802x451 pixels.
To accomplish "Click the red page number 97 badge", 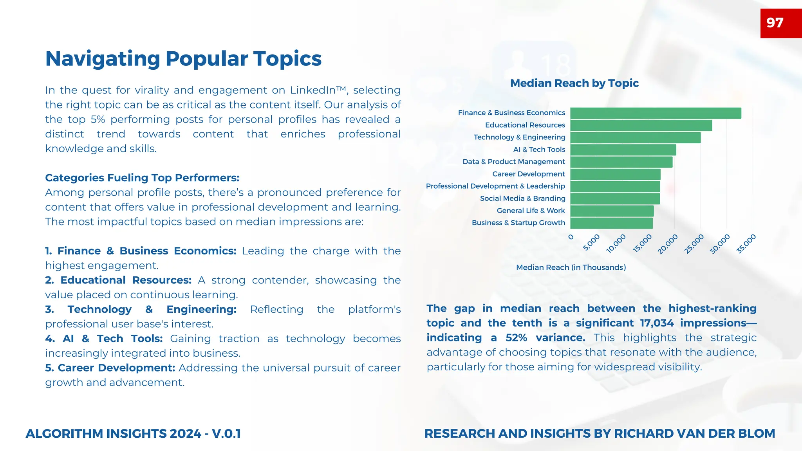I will pyautogui.click(x=780, y=23).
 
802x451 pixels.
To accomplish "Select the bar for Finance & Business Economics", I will pyautogui.click(x=656, y=113).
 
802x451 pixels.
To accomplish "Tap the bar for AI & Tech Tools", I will pyautogui.click(x=623, y=150).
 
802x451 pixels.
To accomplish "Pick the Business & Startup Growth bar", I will pyautogui.click(x=611, y=223).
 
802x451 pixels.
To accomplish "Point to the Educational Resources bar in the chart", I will pyautogui.click(x=641, y=125).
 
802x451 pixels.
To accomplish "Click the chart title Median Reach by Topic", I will pyautogui.click(x=574, y=83).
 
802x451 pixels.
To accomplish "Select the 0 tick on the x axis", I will pyautogui.click(x=571, y=237).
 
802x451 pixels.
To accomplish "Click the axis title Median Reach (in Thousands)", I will pyautogui.click(x=571, y=267).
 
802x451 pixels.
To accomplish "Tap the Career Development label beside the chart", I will pyautogui.click(x=528, y=174).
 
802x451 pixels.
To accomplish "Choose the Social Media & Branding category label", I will pyautogui.click(x=522, y=198).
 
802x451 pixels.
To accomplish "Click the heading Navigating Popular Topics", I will pyautogui.click(x=183, y=59).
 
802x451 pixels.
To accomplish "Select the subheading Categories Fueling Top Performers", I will pyautogui.click(x=142, y=178).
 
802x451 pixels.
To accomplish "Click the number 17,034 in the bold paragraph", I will pyautogui.click(x=657, y=323).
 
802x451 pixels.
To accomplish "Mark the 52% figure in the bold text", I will pyautogui.click(x=516, y=337).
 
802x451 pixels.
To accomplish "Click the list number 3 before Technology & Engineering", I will pyautogui.click(x=49, y=309).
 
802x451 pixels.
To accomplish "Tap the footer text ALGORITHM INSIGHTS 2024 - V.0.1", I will pyautogui.click(x=133, y=433).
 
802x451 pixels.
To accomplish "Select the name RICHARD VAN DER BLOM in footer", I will pyautogui.click(x=694, y=433).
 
